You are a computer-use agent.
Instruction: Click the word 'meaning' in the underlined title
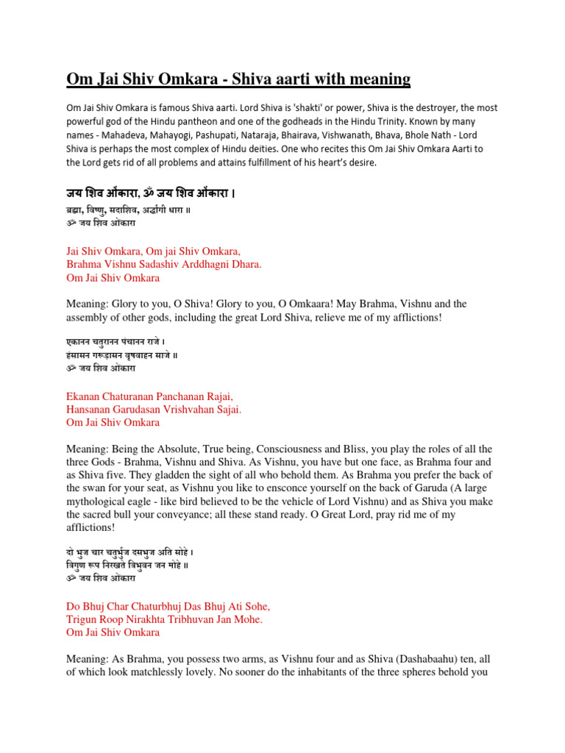(x=375, y=79)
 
